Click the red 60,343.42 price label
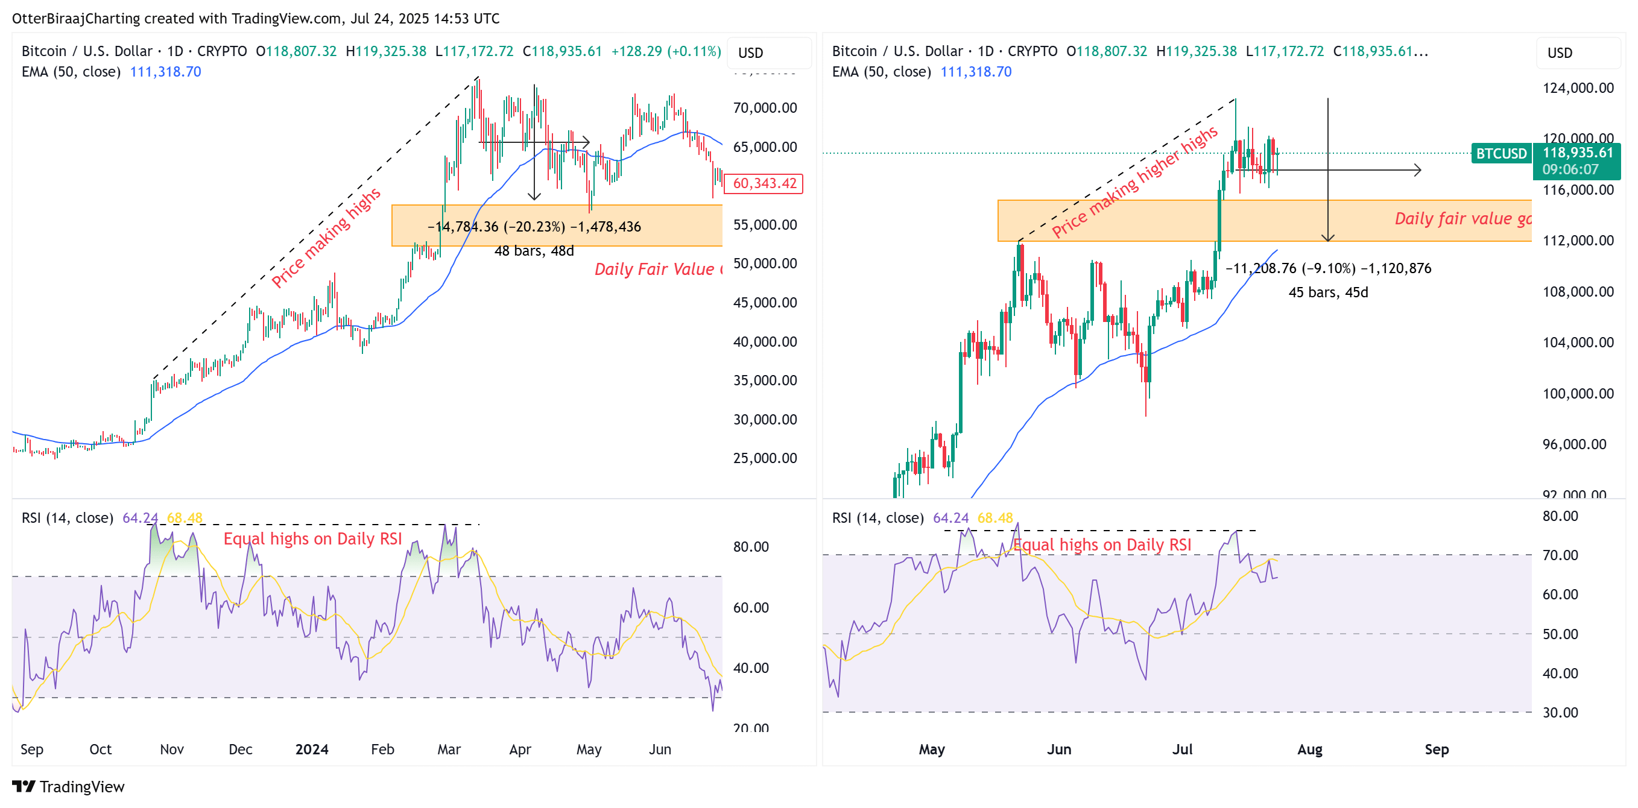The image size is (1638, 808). pyautogui.click(x=764, y=184)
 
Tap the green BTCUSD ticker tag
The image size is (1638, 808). pyautogui.click(x=1500, y=153)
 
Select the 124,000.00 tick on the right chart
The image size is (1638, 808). pyautogui.click(x=1578, y=87)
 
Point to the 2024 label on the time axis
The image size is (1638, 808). pyautogui.click(x=312, y=749)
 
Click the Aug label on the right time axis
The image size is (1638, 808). pyautogui.click(x=1309, y=749)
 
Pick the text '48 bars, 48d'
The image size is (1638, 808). pyautogui.click(x=534, y=251)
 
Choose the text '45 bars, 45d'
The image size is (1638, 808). pyautogui.click(x=1327, y=292)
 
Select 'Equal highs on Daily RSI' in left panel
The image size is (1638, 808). pyautogui.click(x=312, y=539)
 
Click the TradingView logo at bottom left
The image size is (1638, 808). pyautogui.click(x=68, y=786)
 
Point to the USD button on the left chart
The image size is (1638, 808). pyautogui.click(x=750, y=53)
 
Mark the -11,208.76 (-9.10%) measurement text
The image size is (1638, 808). pyautogui.click(x=1327, y=268)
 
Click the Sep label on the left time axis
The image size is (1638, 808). pyautogui.click(x=32, y=749)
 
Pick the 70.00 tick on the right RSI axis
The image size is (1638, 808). pyautogui.click(x=1560, y=555)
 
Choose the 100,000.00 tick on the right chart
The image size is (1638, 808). pyautogui.click(x=1578, y=394)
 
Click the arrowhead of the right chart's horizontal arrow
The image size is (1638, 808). pyautogui.click(x=1418, y=169)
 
